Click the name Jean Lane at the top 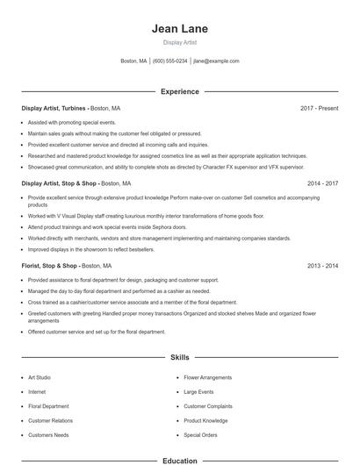179,28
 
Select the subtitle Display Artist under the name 179,42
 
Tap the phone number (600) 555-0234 169,61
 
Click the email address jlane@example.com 216,61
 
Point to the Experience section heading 179,91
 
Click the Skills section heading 179,358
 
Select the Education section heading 179,460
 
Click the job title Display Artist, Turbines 54,108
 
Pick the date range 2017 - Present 319,108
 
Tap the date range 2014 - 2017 322,184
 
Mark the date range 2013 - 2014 322,265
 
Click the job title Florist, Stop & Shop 50,265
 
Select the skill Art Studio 40,377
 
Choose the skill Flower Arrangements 209,377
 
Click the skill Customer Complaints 209,406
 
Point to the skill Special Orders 200,434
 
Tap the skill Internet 37,391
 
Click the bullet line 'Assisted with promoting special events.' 71,122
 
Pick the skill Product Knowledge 205,420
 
